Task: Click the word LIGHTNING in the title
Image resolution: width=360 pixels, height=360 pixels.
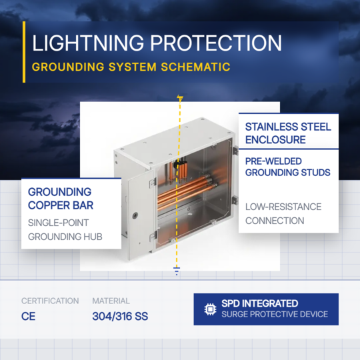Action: coord(88,43)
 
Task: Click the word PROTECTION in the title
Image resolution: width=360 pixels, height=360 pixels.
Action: coord(216,43)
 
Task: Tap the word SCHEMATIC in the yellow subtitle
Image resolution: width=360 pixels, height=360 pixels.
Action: coord(195,67)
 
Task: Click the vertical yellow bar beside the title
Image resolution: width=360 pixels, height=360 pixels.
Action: coord(24,52)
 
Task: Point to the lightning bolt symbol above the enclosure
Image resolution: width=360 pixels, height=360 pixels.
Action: coord(180,98)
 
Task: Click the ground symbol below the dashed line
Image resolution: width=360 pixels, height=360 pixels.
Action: coord(177,271)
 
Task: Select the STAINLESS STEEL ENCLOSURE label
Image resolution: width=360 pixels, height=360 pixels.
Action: coord(288,133)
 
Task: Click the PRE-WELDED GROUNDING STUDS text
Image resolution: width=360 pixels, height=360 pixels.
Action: coord(288,167)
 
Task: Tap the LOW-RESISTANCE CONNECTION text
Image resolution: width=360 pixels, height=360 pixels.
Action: coord(283,214)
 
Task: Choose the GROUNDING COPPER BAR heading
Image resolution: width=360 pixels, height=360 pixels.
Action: coord(61,199)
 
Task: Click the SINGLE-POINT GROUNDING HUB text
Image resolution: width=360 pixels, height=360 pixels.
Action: coord(65,229)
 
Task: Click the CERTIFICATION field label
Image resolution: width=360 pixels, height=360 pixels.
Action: coord(50,301)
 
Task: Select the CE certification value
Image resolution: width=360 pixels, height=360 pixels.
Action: coord(28,317)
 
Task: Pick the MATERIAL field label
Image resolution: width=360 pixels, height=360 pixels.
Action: coord(111,301)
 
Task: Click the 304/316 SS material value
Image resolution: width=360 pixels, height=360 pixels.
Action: coord(120,317)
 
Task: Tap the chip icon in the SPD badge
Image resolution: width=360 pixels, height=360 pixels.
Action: coord(210,309)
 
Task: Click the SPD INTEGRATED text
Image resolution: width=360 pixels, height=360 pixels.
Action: coord(260,303)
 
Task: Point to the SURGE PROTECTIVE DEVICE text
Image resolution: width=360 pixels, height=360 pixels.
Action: coord(275,314)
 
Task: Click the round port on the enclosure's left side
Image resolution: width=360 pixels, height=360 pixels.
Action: coord(135,215)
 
